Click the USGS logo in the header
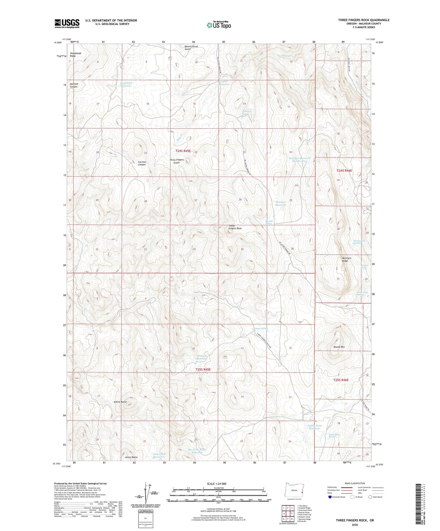click(67, 23)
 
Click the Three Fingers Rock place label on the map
click(235, 227)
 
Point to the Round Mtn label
click(339, 347)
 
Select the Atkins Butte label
click(120, 402)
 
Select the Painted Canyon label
click(74, 85)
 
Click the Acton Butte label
click(131, 457)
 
